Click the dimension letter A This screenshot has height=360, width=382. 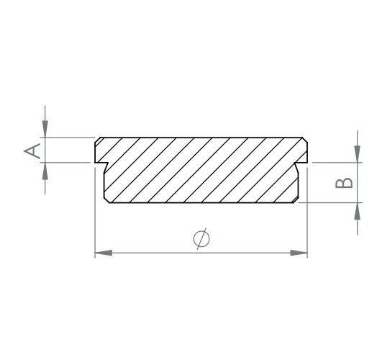pyautogui.click(x=32, y=150)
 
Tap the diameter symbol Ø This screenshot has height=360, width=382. pyautogui.click(x=201, y=239)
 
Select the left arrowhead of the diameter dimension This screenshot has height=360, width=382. pyautogui.click(x=104, y=253)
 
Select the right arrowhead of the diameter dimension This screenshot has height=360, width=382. pyautogui.click(x=299, y=253)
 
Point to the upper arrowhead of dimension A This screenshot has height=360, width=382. pyautogui.click(x=45, y=129)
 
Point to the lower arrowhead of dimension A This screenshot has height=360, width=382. pyautogui.click(x=45, y=171)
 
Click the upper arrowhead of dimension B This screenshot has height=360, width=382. pyautogui.click(x=357, y=153)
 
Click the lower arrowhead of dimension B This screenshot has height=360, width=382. pyautogui.click(x=357, y=211)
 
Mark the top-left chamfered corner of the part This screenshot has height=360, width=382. pyautogui.click(x=97, y=140)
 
